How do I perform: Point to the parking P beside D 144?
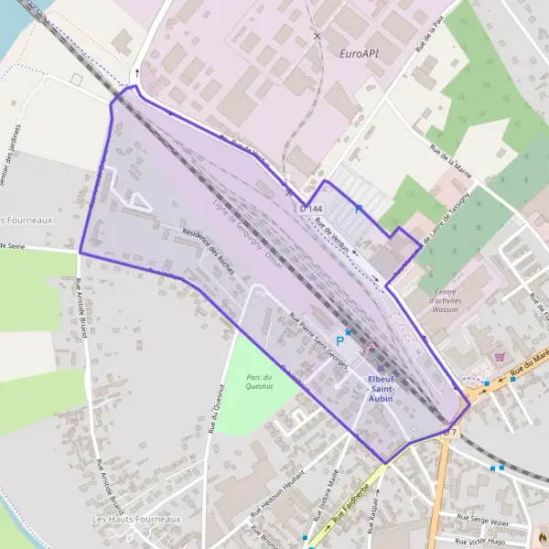359,210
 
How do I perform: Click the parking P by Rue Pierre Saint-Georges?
339,338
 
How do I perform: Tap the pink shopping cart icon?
499,356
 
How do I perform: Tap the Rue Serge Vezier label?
476,519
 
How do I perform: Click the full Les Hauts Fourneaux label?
136,519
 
